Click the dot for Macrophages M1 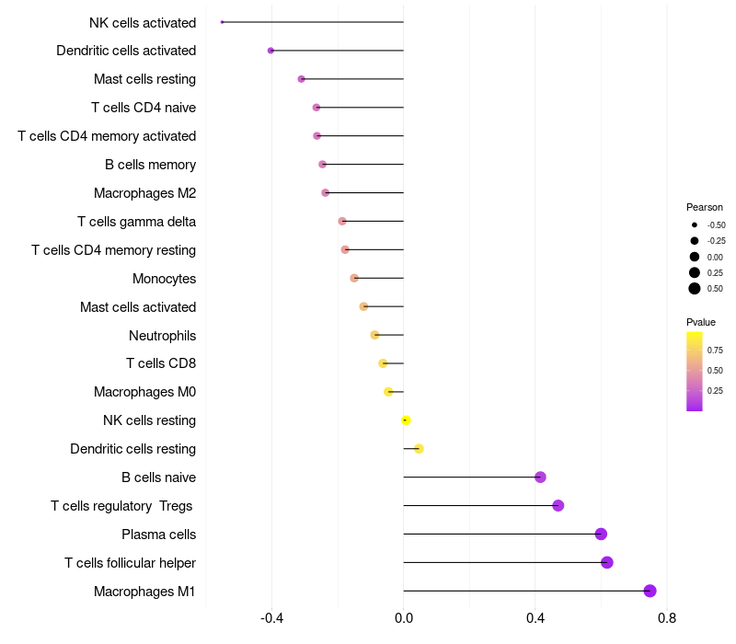click(650, 591)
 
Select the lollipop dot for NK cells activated click(223, 22)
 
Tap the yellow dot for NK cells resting click(406, 420)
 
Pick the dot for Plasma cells click(601, 534)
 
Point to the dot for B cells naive click(540, 477)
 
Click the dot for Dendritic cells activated click(270, 51)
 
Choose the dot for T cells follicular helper click(606, 562)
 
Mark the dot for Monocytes click(354, 278)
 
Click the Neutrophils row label click(162, 335)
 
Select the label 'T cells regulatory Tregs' click(123, 505)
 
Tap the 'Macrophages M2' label click(144, 193)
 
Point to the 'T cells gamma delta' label click(136, 222)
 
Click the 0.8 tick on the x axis click(667, 618)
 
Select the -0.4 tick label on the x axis click(271, 618)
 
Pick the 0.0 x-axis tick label click(404, 618)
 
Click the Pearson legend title click(704, 207)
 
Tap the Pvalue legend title click(701, 322)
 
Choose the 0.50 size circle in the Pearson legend click(694, 289)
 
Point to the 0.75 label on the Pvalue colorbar click(715, 350)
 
